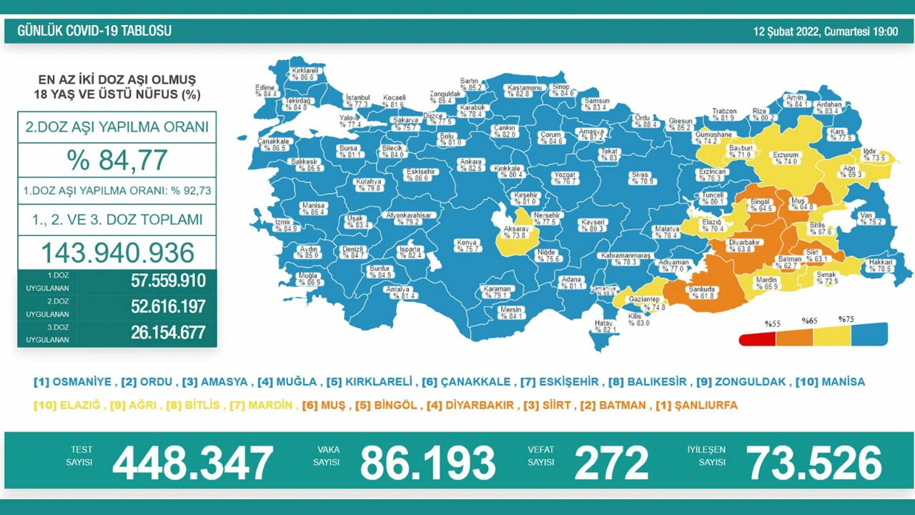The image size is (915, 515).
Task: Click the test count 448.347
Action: pyautogui.click(x=192, y=463)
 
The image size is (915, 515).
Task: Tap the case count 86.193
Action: pyautogui.click(x=427, y=463)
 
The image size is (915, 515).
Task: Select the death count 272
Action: pyautogui.click(x=611, y=463)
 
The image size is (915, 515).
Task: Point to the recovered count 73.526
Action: pyautogui.click(x=814, y=463)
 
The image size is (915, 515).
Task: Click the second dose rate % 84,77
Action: pyautogui.click(x=117, y=160)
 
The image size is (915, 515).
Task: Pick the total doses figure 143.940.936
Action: pyautogui.click(x=117, y=252)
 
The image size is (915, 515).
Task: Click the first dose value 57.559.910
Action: pyautogui.click(x=168, y=281)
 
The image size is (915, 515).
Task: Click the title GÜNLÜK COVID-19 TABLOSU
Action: pyautogui.click(x=94, y=31)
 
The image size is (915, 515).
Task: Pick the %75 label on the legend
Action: pyautogui.click(x=846, y=320)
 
